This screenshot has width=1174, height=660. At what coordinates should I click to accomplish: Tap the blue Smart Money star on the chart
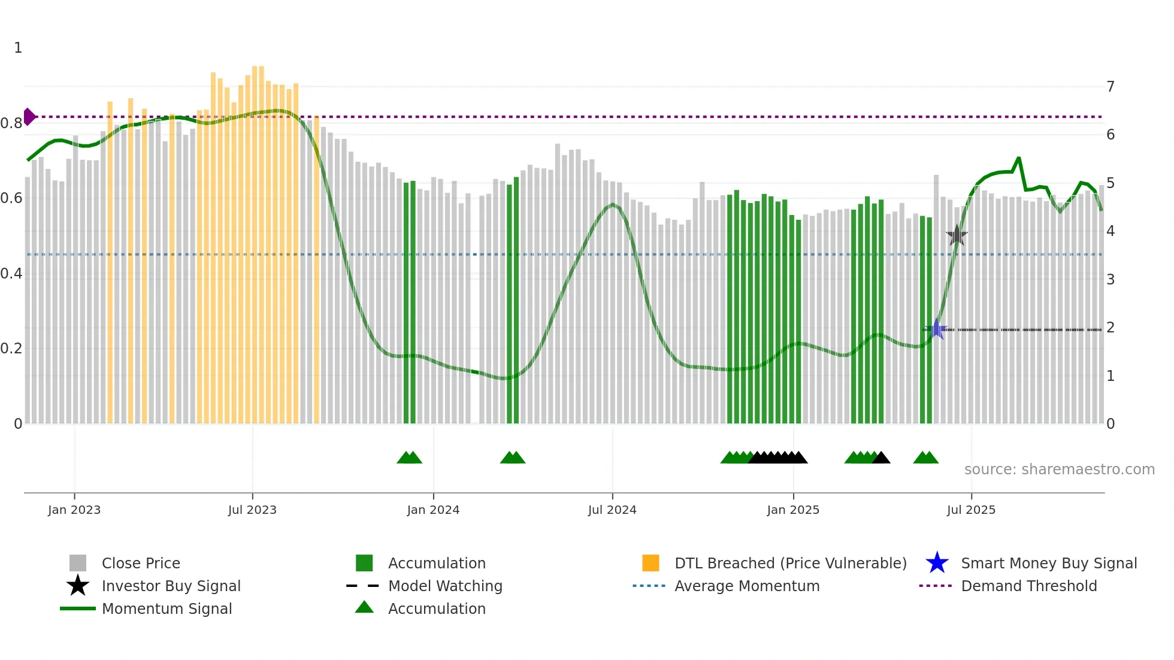coord(937,329)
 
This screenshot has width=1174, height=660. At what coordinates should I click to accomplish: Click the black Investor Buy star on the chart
coord(957,235)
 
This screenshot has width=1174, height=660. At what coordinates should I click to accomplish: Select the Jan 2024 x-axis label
coord(433,510)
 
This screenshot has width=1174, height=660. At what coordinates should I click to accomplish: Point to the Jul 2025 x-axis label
coord(971,510)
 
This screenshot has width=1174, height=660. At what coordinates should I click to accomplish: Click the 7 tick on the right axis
coord(1111,87)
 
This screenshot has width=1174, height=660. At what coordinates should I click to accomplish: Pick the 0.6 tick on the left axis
coord(11,198)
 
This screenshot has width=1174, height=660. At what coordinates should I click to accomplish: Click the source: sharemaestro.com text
coord(1059,470)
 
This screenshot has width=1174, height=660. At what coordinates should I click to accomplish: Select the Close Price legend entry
coord(141,563)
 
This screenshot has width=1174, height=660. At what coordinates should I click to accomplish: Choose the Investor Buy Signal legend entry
coord(171,586)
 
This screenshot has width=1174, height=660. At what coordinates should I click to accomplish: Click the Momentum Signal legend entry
coord(167,608)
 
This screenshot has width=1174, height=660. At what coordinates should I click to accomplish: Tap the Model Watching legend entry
coord(445,586)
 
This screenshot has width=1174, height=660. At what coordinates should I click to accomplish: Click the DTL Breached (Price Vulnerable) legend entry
coord(790,563)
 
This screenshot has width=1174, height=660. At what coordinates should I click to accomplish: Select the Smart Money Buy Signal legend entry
coord(1048,563)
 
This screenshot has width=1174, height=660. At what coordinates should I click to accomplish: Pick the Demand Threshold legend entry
coord(1028,586)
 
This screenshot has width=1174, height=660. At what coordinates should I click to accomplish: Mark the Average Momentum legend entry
coord(746,586)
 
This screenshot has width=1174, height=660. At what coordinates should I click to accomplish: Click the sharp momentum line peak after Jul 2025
coord(1018,158)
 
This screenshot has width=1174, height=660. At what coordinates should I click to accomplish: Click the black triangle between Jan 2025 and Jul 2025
coord(881,458)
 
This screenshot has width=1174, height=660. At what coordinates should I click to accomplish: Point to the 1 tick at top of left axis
coord(18,48)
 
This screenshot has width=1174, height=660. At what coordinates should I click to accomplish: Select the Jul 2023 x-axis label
coord(252,510)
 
